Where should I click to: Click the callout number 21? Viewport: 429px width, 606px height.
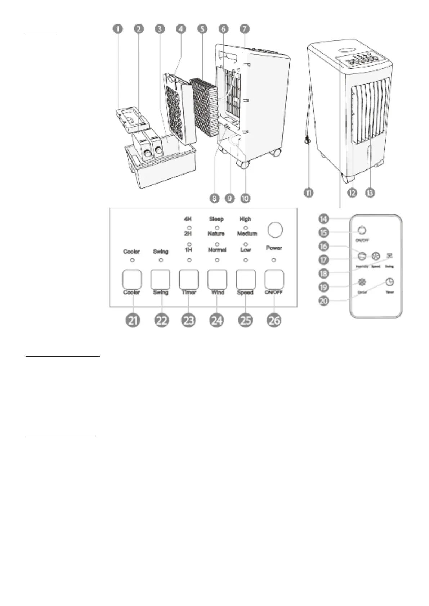[x=133, y=320]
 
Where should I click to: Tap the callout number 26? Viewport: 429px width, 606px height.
[x=274, y=320]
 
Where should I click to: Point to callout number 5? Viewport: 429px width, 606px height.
[x=202, y=29]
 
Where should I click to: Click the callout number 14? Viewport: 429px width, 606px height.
[x=324, y=218]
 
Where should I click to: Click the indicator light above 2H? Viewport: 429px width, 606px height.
[x=188, y=228]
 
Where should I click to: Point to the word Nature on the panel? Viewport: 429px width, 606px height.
[x=216, y=234]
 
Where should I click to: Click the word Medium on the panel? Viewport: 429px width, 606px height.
[x=247, y=234]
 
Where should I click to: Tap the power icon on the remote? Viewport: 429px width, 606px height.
[x=362, y=230]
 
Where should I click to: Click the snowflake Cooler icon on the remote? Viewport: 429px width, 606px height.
[x=361, y=282]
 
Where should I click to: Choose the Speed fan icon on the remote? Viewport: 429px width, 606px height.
[x=376, y=256]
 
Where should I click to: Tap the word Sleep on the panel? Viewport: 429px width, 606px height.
[x=216, y=219]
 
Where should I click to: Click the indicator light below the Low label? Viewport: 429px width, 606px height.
[x=246, y=260]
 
